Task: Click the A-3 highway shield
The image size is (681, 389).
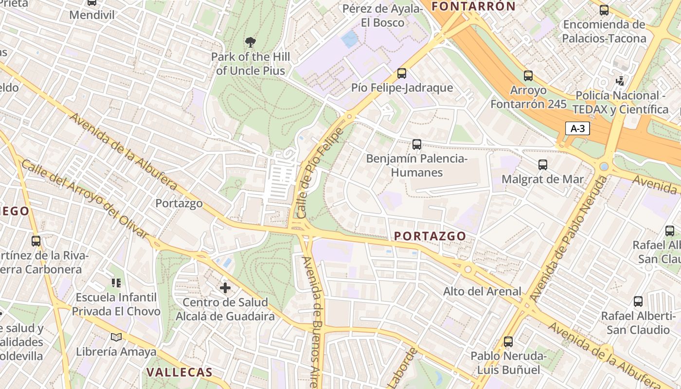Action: pos(577,128)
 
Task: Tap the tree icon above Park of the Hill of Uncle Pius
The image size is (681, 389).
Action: pos(251,42)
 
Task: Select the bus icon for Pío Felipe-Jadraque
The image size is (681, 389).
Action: pos(402,73)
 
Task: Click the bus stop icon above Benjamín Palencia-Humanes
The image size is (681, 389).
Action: pos(417,144)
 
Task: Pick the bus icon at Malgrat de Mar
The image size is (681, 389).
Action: pos(543,165)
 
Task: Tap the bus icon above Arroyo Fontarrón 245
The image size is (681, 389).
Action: pos(528,76)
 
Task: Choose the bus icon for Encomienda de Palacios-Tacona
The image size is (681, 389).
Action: pos(604,10)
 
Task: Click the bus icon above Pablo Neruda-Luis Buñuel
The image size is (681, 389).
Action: pos(508,342)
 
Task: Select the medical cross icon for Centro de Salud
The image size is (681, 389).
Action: pos(225,288)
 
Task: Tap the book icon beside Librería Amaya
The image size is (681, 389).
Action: pos(116,337)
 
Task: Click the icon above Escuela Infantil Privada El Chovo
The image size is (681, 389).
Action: pos(116,283)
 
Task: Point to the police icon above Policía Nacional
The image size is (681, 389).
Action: pos(620,80)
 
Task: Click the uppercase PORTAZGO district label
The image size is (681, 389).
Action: pos(430,236)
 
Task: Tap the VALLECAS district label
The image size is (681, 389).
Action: pos(179,372)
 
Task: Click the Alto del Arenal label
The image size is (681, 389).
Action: pos(482,291)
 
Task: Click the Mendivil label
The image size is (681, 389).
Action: pos(92,15)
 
